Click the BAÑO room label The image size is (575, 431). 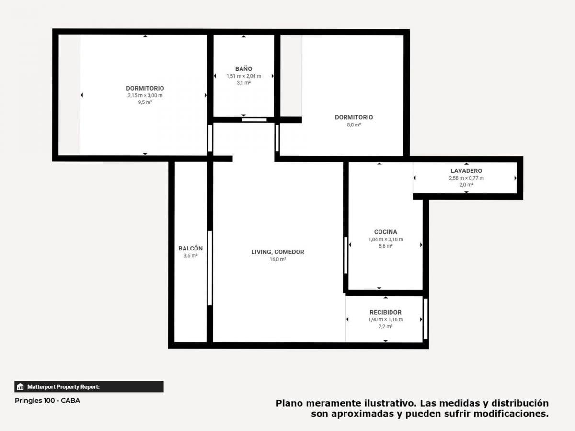coord(243,69)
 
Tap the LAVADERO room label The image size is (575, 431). coord(466,171)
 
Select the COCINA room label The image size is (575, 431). coord(386,232)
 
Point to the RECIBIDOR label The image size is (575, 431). coord(386,312)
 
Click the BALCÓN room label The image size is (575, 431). coord(190,249)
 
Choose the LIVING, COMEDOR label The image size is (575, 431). coord(277,252)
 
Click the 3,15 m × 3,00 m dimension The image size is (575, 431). coord(145,95)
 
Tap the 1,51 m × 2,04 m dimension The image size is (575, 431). coord(243,76)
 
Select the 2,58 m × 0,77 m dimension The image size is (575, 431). coord(466,178)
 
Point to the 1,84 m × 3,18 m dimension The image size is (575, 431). coord(386,239)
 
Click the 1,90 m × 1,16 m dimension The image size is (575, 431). coord(386,319)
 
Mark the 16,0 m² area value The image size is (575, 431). coord(277,259)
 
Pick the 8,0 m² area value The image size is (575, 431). coord(354,125)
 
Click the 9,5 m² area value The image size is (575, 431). coord(145,102)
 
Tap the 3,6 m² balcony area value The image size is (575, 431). coord(190,255)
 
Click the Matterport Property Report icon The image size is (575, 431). coord(20,387)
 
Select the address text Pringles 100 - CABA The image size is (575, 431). coord(47,401)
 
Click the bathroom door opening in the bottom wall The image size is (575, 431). coord(254,120)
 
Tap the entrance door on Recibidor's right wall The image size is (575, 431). coord(425,319)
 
